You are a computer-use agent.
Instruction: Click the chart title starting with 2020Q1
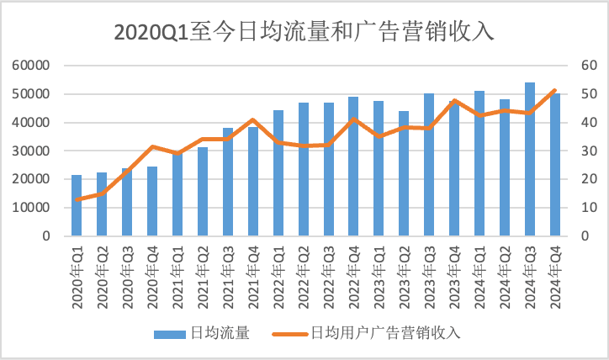[304, 32]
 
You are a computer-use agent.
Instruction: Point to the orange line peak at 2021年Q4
[252, 119]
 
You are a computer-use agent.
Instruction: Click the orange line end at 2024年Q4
[555, 90]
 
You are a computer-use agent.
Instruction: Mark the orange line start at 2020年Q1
[77, 199]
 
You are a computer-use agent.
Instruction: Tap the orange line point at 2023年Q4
[454, 100]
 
